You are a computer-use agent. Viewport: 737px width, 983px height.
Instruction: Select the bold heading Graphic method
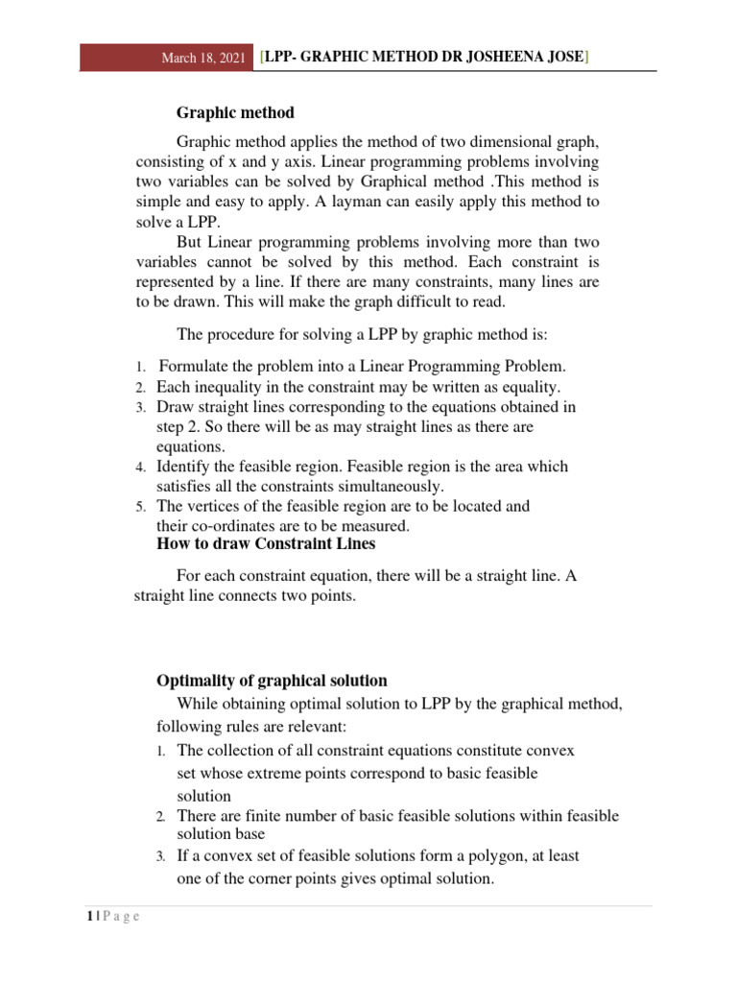(x=235, y=112)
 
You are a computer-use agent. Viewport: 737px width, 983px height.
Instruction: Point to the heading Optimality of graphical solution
(x=272, y=681)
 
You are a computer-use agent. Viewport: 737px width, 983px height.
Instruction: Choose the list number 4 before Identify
(x=139, y=468)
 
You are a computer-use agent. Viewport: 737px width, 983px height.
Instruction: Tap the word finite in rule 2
(x=261, y=816)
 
